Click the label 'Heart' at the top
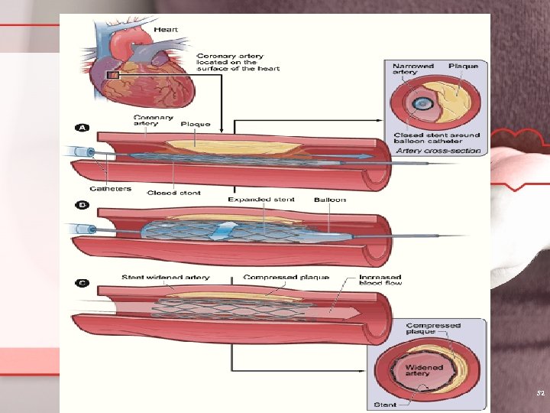166,30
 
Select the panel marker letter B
81,204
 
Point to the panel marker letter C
81,283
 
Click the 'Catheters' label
109,188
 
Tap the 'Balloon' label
330,200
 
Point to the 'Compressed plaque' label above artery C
286,277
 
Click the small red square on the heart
115,75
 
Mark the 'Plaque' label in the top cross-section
464,67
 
